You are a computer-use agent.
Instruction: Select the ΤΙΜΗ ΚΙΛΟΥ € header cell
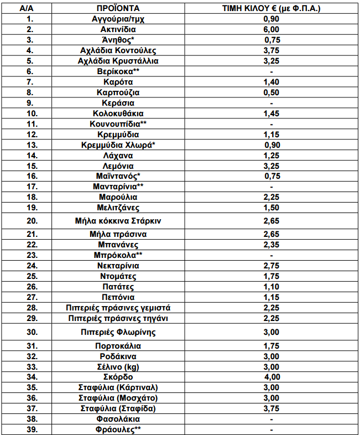coord(271,9)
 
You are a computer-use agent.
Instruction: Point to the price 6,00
coord(271,29)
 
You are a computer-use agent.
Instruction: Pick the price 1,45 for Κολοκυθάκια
coord(271,113)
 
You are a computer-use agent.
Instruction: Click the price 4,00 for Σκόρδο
coord(271,377)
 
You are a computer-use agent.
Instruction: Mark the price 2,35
coord(271,245)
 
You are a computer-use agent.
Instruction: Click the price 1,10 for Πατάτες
coord(271,287)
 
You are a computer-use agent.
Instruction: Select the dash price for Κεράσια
coord(271,103)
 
